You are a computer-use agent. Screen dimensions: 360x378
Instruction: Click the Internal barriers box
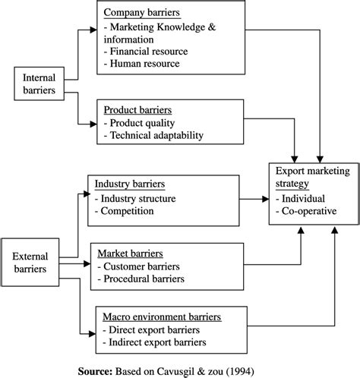[39, 83]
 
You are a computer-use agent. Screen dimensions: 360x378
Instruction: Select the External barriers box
[30, 262]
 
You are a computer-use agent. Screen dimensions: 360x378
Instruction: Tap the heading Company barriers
[142, 12]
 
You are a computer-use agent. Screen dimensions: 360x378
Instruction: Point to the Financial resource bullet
[146, 52]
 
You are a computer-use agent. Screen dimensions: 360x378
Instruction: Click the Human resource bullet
[142, 64]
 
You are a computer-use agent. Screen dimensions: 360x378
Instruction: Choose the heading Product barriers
[137, 110]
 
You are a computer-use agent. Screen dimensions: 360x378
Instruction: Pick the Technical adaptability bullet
[153, 135]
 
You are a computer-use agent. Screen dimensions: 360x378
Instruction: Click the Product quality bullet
[139, 123]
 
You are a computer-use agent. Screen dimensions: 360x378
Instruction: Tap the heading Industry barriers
[130, 184]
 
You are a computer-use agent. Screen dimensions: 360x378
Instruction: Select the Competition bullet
[125, 211]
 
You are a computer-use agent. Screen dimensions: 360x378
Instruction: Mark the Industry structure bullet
[135, 199]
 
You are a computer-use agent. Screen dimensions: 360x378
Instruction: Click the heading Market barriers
[131, 254]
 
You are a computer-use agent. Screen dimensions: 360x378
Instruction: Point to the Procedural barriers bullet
[141, 279]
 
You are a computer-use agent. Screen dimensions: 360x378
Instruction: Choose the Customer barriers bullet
[139, 266]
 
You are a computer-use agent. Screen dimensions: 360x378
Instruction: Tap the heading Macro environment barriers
[162, 317]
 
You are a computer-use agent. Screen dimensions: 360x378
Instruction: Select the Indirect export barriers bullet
[154, 342]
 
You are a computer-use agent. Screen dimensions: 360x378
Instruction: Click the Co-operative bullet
[306, 211]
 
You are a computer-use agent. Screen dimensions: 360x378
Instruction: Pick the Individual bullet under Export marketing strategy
[301, 199]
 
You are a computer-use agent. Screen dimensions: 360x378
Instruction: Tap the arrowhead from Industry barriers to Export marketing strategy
[266, 199]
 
